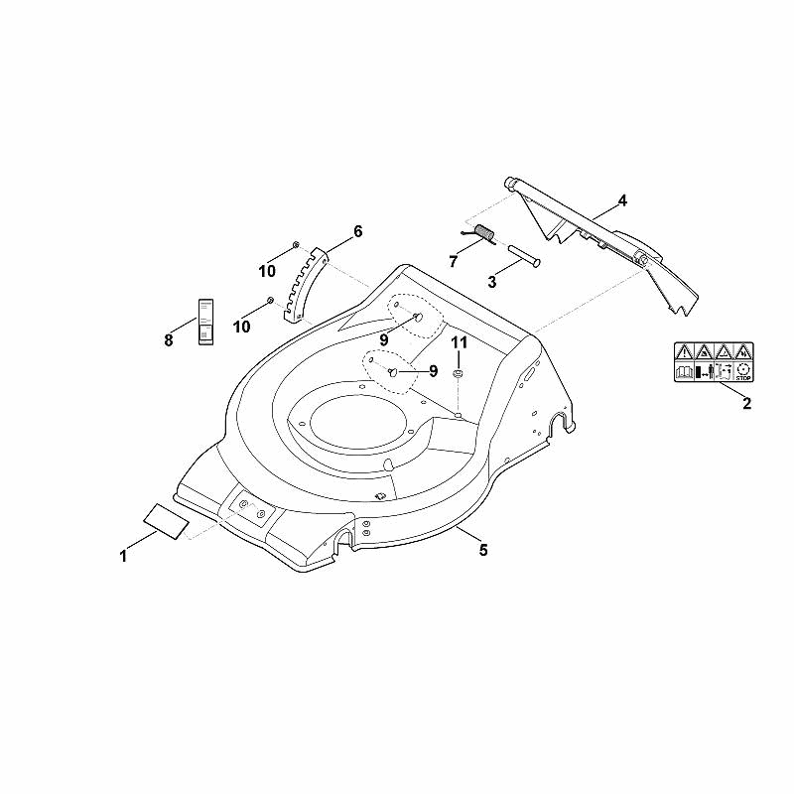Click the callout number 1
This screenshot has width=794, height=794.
click(123, 557)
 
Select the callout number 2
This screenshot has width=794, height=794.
click(746, 404)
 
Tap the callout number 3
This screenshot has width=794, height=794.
click(491, 282)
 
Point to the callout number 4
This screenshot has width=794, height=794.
click(622, 201)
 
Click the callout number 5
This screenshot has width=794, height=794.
click(483, 550)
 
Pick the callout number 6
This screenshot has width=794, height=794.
click(358, 231)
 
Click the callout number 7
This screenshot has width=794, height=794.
click(453, 261)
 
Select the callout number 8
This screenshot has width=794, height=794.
click(169, 339)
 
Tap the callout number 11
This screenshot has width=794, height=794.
click(460, 342)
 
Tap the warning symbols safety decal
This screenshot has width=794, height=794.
click(714, 362)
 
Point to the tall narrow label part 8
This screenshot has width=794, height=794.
click(205, 322)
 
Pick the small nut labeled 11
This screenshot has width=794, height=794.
click(459, 374)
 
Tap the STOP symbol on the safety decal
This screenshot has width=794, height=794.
click(743, 372)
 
